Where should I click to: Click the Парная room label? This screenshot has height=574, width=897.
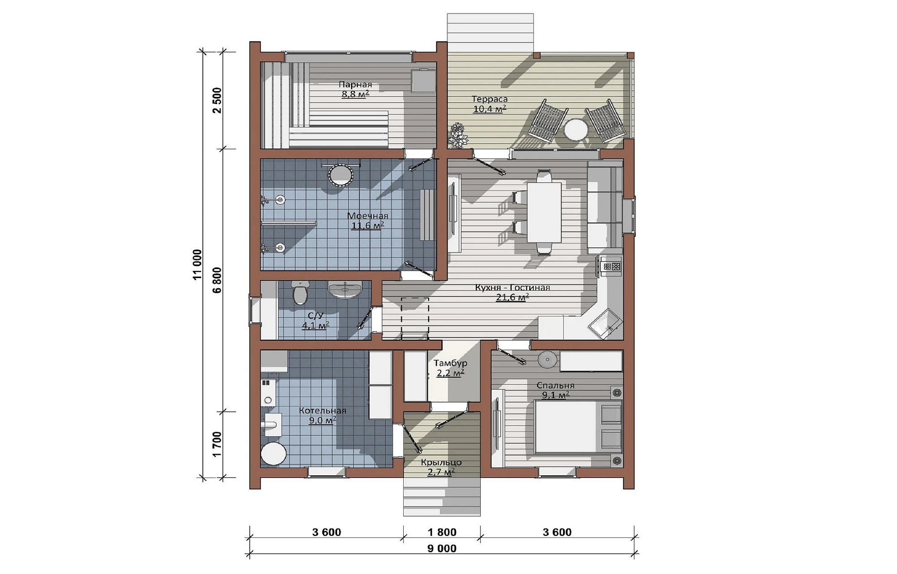pyautogui.click(x=355, y=84)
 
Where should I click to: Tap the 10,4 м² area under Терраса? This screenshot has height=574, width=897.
pyautogui.click(x=490, y=109)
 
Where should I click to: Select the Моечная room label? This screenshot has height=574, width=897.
pyautogui.click(x=368, y=216)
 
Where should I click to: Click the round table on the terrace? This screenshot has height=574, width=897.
pyautogui.click(x=576, y=130)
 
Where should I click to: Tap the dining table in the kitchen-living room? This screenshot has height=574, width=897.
pyautogui.click(x=544, y=212)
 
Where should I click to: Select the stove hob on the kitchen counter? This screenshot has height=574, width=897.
pyautogui.click(x=612, y=266)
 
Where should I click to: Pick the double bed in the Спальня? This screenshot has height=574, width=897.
pyautogui.click(x=578, y=427)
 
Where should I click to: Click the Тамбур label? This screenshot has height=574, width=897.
pyautogui.click(x=450, y=363)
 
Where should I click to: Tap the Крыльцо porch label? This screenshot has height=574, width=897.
pyautogui.click(x=441, y=462)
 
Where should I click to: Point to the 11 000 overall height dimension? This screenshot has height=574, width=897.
pyautogui.click(x=197, y=265)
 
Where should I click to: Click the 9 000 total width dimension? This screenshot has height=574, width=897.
pyautogui.click(x=442, y=548)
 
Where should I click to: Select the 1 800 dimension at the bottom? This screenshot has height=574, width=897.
pyautogui.click(x=442, y=532)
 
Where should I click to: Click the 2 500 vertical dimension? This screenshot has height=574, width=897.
pyautogui.click(x=217, y=100)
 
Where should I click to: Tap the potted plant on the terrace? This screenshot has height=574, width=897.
pyautogui.click(x=458, y=135)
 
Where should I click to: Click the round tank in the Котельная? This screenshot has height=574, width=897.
pyautogui.click(x=274, y=454)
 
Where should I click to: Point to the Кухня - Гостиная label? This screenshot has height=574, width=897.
pyautogui.click(x=512, y=287)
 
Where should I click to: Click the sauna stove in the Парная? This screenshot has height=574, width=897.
pyautogui.click(x=424, y=81)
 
